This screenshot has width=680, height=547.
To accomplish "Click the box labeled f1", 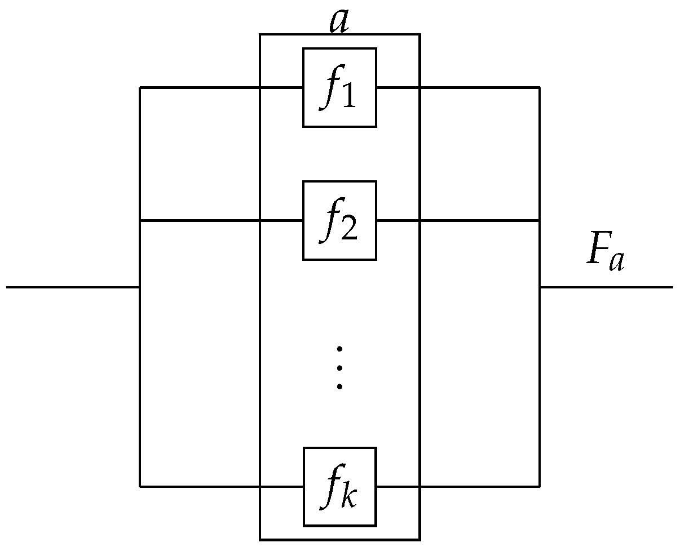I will [x=339, y=87].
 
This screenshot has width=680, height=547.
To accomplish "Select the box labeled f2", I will [x=339, y=220].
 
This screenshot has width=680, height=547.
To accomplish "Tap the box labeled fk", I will [x=339, y=486].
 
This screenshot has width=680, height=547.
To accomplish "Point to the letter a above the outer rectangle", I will [x=338, y=21].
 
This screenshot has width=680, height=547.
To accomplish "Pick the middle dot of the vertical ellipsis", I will [x=339, y=368].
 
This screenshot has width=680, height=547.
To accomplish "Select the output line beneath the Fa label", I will [x=607, y=287].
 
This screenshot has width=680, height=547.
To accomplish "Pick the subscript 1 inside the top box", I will [x=348, y=97].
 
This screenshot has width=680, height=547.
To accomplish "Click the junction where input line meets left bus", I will [x=140, y=287].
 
